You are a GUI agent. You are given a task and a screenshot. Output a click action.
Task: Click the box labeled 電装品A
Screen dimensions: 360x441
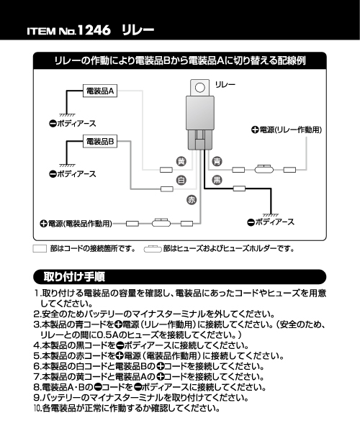[99, 91]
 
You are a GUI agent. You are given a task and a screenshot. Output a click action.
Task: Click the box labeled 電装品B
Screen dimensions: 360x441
[99, 141]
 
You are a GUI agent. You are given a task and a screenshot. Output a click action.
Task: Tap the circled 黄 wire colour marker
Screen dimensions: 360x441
[181, 161]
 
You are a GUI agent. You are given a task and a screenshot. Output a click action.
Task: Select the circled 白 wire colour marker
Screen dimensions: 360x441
[181, 180]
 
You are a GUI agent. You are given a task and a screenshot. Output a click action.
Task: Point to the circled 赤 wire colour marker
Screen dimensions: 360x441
[192, 200]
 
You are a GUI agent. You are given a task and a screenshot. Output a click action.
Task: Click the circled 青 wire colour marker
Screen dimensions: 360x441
[217, 161]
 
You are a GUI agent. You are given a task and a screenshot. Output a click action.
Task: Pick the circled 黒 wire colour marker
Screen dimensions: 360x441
[217, 180]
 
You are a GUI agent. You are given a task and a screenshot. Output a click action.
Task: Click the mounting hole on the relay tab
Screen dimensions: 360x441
[200, 88]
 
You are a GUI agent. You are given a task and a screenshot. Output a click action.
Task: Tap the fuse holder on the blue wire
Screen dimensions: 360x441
[264, 169]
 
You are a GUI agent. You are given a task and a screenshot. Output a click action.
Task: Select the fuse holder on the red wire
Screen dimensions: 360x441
[161, 223]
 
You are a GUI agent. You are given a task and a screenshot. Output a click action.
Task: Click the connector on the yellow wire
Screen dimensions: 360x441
[166, 170]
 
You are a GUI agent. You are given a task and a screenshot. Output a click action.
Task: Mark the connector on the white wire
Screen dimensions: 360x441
[166, 188]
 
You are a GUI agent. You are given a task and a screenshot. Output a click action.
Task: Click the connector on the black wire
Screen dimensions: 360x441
[239, 188]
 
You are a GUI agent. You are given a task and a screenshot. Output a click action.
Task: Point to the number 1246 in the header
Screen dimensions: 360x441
[94, 30]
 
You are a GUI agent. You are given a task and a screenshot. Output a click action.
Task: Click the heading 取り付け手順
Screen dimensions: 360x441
[74, 277]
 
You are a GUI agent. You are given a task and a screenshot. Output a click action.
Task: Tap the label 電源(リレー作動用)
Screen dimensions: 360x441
[290, 129]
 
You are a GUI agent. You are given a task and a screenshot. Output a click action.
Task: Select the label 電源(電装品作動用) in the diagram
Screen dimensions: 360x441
[80, 224]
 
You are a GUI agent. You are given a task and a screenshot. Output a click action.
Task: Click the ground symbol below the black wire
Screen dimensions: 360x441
[271, 215]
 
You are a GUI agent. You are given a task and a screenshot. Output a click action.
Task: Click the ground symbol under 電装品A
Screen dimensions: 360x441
[67, 115]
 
